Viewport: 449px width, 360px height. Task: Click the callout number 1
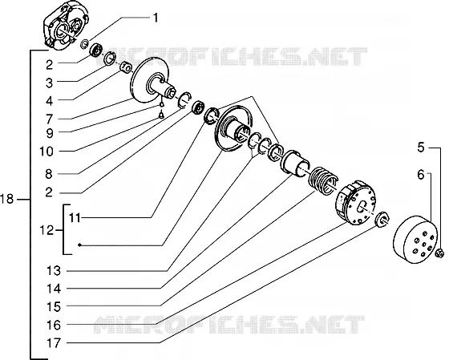click(x=156, y=18)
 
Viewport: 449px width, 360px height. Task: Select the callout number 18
click(x=7, y=199)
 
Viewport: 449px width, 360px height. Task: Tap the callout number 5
click(x=421, y=148)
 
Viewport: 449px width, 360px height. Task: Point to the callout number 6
click(x=421, y=175)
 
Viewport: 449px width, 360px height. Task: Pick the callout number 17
click(x=54, y=342)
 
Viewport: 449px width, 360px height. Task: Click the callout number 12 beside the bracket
click(x=47, y=230)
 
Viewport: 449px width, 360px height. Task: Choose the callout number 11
click(x=75, y=218)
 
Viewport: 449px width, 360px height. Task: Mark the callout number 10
click(x=47, y=152)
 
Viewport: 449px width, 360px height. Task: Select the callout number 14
click(x=54, y=289)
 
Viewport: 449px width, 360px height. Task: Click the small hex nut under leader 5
click(x=440, y=253)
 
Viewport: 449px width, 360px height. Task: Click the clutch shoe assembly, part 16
click(x=355, y=201)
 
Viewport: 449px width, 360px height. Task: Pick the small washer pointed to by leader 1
click(x=85, y=44)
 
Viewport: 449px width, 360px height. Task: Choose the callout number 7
click(x=50, y=119)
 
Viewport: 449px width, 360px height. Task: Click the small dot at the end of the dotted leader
click(x=80, y=245)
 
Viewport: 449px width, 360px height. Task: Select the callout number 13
click(x=54, y=270)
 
